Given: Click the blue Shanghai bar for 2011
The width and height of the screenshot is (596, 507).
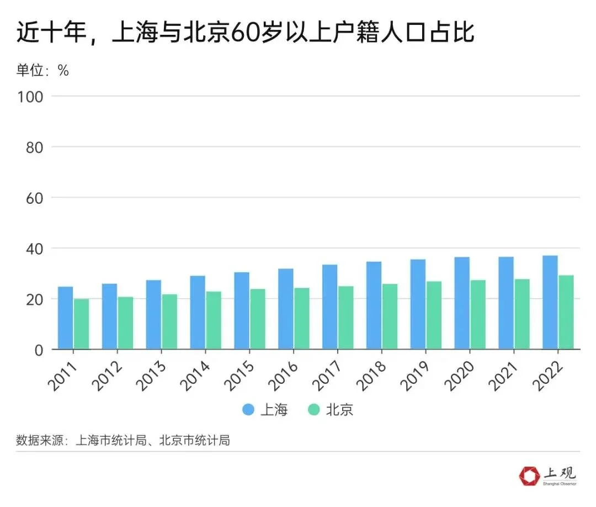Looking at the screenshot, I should coord(65,318).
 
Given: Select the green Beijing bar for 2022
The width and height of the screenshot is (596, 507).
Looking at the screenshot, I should coord(566,313).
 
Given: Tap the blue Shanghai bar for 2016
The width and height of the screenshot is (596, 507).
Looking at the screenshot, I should coord(285,309).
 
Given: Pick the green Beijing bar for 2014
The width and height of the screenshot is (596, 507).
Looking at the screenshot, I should coord(214,321).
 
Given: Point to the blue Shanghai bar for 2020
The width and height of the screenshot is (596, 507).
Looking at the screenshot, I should coord(462,303).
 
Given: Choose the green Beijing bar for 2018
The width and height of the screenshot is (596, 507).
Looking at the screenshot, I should coord(390,317).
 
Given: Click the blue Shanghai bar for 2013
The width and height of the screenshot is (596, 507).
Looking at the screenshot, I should coord(153,315).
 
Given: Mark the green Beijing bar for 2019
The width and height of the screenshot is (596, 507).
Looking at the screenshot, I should coord(434,315).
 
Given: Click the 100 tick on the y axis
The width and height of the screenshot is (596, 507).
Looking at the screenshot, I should coord(31,96).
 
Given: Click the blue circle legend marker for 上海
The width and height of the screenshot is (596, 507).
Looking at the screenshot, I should coord(249,410).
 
